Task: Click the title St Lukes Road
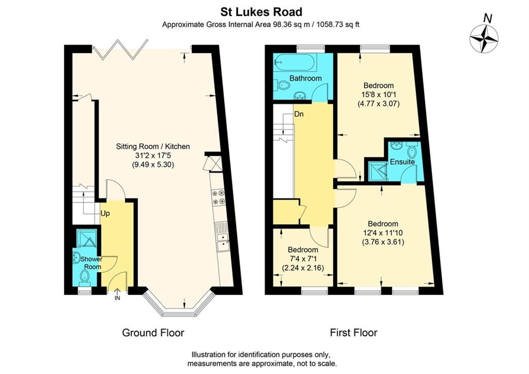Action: [261, 12]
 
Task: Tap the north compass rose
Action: [484, 39]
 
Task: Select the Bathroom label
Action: [305, 78]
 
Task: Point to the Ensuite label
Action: [402, 162]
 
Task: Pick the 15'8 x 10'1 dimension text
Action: [378, 94]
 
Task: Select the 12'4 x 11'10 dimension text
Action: [383, 233]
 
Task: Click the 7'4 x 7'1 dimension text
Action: [303, 259]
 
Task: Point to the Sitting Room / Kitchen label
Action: [153, 147]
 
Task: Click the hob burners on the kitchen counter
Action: [219, 197]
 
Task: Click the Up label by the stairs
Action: [105, 213]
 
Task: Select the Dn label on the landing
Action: [299, 114]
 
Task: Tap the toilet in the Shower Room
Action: [84, 276]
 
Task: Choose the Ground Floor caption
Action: [153, 332]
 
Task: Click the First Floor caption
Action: [354, 332]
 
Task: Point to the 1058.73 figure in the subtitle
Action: [330, 24]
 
